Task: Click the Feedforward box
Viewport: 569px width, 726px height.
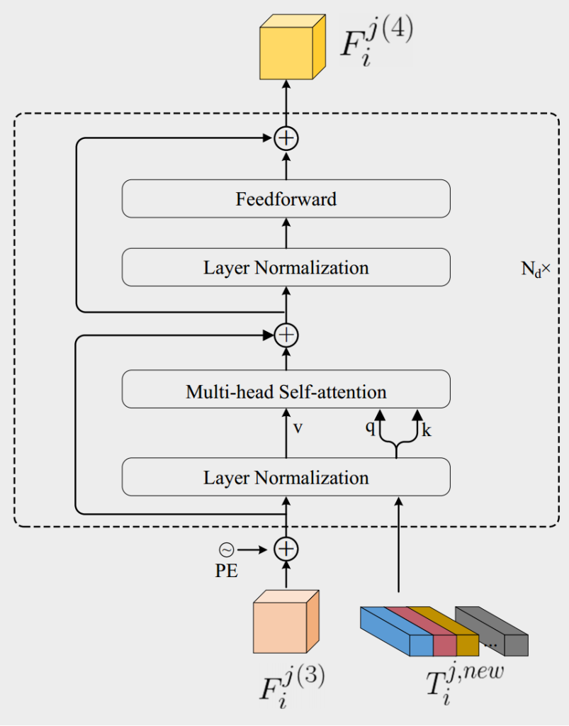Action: [x=286, y=199]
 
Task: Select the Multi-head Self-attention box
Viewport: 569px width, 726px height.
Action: [x=286, y=391]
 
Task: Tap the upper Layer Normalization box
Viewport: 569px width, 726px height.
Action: [x=286, y=267]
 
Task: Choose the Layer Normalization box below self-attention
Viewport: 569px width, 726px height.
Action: [x=286, y=477]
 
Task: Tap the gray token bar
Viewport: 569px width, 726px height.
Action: [x=496, y=631]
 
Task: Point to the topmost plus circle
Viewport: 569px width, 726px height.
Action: [x=286, y=138]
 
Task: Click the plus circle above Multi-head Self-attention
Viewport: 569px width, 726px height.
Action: [x=286, y=334]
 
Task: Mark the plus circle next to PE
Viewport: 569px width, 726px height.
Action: [x=286, y=549]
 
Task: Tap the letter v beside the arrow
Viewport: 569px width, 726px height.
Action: [x=298, y=428]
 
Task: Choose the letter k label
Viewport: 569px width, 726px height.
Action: [x=427, y=430]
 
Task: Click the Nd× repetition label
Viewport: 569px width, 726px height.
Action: [x=535, y=270]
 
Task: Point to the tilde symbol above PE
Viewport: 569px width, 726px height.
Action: [x=226, y=549]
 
